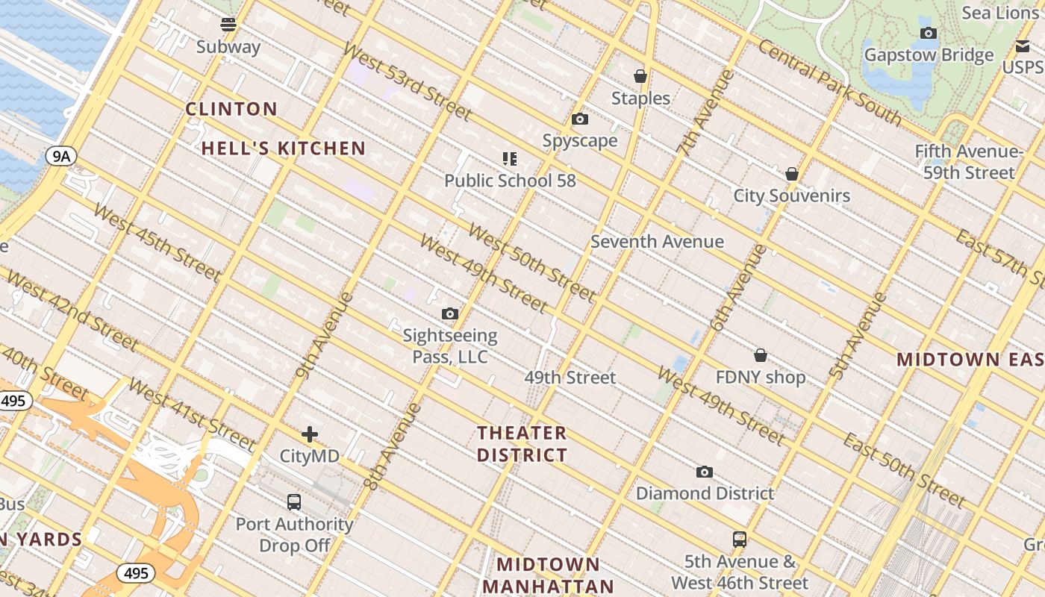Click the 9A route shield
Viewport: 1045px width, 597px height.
tap(60, 156)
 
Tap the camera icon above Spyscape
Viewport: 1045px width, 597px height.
tap(580, 119)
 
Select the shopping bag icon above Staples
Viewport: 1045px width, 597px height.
tap(640, 76)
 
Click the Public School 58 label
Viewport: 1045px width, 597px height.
tap(510, 181)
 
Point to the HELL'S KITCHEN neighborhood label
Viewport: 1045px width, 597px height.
tap(284, 149)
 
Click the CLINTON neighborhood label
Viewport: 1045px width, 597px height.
tap(231, 109)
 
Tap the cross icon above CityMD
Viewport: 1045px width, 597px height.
tap(310, 434)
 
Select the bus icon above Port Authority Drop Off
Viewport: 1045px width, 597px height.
tap(294, 502)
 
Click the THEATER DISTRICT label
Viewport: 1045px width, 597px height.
tap(522, 444)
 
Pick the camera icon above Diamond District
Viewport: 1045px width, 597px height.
tap(704, 472)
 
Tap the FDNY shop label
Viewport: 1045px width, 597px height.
tap(761, 378)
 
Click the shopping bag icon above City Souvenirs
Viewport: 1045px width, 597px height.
tap(792, 174)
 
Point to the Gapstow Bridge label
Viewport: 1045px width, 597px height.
tap(929, 55)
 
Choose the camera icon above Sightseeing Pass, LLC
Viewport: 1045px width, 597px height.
tap(449, 314)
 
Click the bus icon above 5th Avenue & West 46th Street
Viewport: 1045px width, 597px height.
tap(739, 539)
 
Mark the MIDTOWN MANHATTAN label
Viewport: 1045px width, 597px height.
tap(548, 575)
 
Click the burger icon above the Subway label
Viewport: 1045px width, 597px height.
tap(228, 25)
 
